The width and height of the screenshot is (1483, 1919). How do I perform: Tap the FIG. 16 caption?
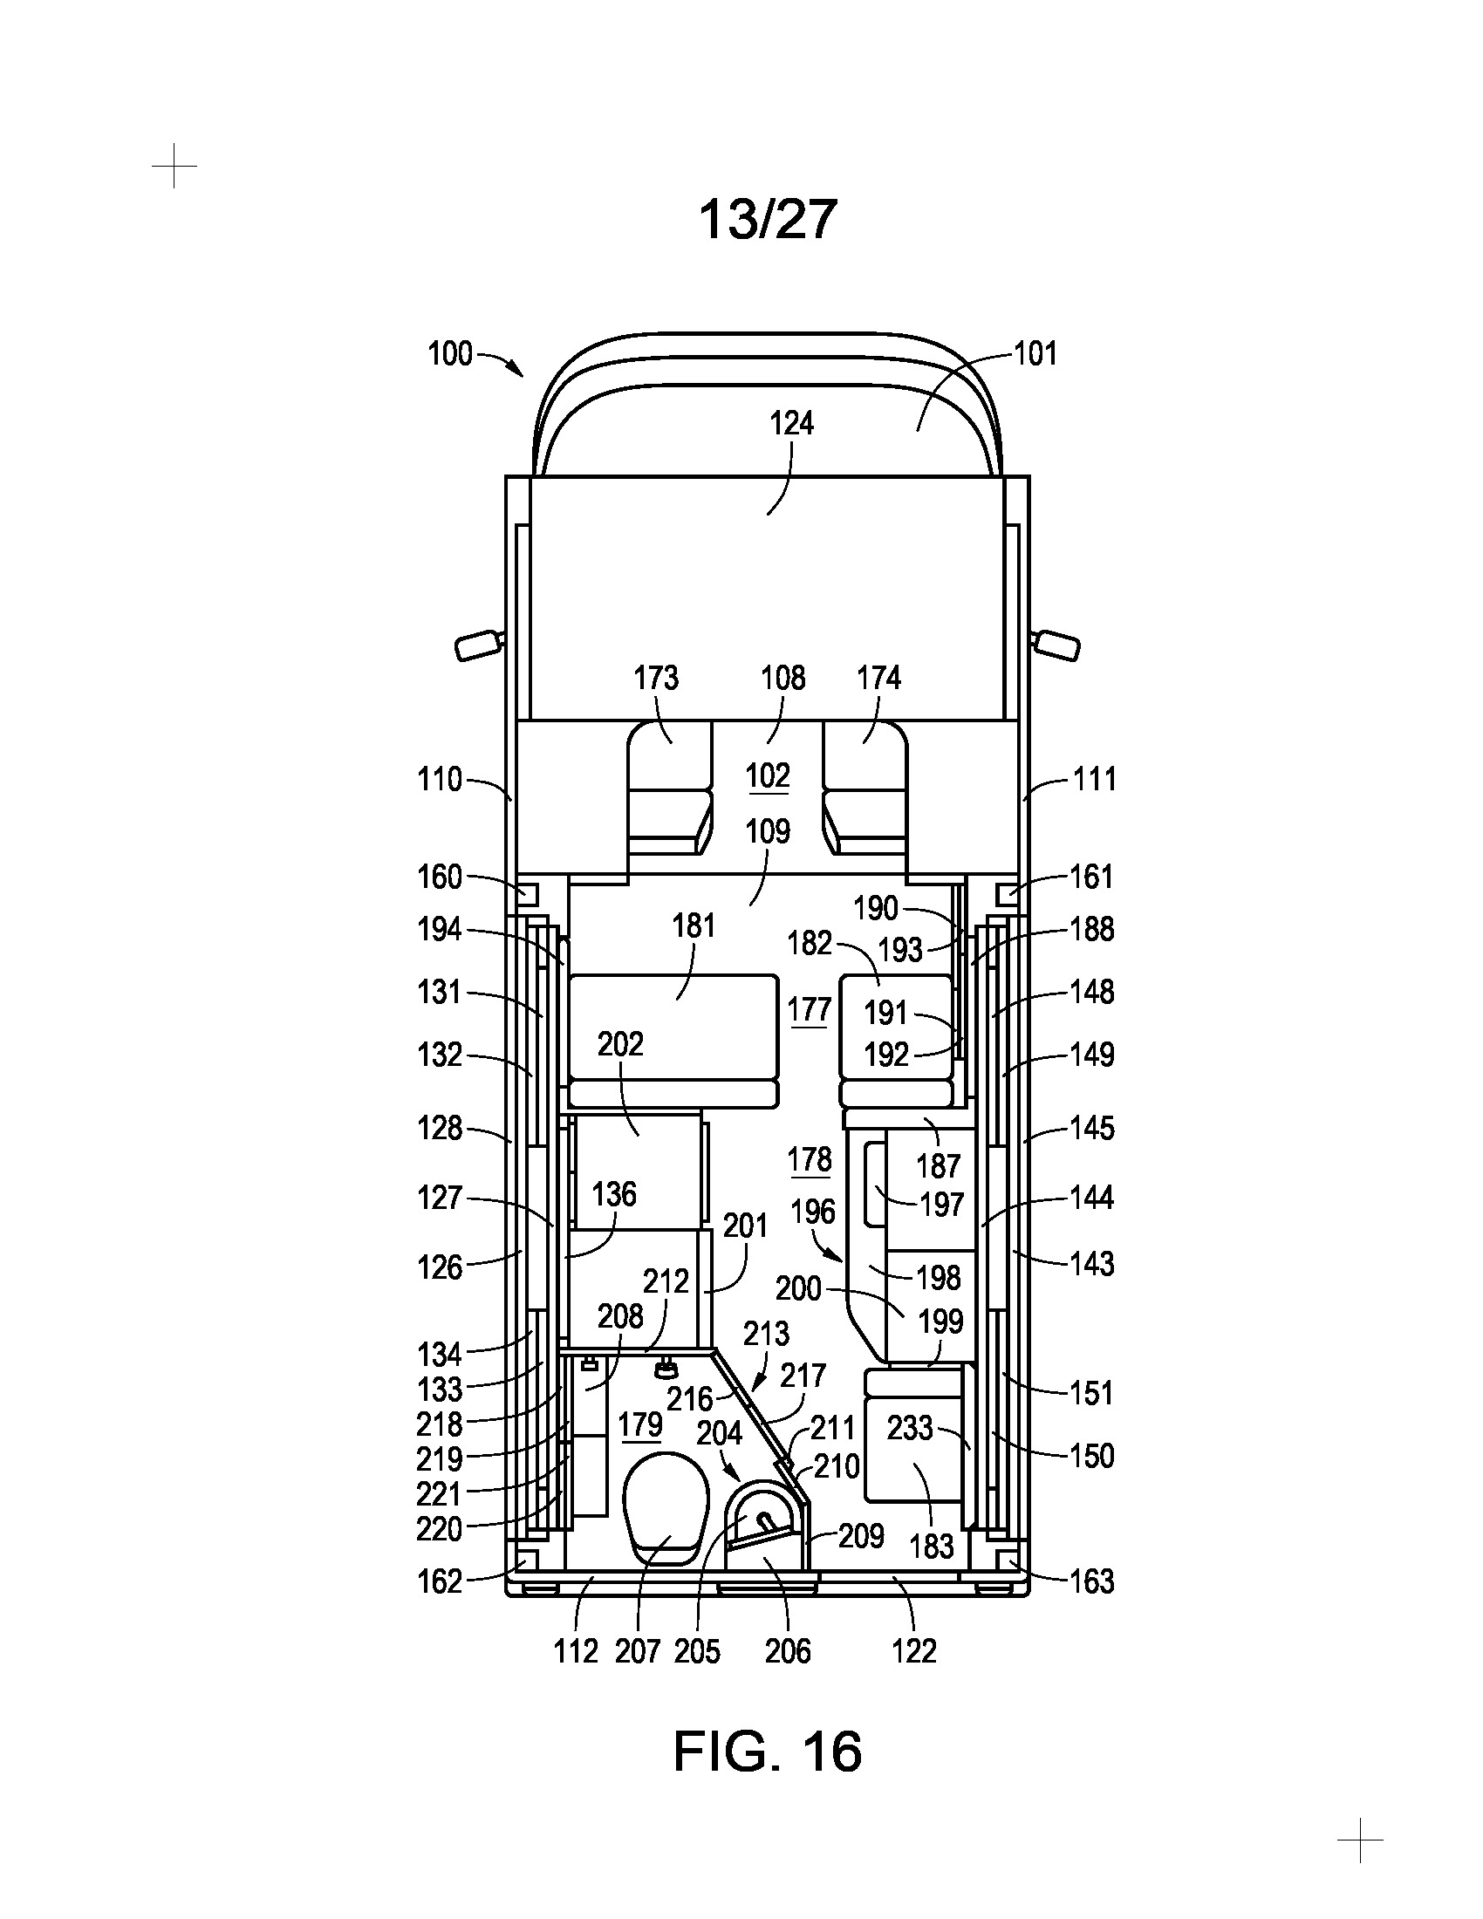point(767,1752)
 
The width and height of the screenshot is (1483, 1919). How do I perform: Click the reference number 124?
point(791,424)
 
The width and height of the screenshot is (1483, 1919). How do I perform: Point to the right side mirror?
point(1056,644)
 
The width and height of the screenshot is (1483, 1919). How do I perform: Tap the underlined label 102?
point(767,775)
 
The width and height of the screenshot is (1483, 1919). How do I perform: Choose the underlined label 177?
point(810,1009)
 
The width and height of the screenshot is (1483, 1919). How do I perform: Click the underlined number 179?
point(639,1424)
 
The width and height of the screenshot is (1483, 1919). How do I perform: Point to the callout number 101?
point(1035,354)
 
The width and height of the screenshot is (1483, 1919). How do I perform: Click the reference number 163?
point(1091,1581)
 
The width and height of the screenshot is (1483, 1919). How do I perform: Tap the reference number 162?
point(440,1581)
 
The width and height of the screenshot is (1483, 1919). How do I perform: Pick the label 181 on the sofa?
point(694,926)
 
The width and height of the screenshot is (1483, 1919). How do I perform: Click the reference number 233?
point(909,1428)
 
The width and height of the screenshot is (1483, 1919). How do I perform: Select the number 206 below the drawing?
point(787,1651)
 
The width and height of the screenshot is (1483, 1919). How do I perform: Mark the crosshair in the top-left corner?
point(174,165)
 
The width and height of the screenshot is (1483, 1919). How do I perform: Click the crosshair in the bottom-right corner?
point(1359,1840)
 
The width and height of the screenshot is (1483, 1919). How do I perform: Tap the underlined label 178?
point(810,1160)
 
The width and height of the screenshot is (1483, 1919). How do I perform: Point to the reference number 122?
point(913,1651)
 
